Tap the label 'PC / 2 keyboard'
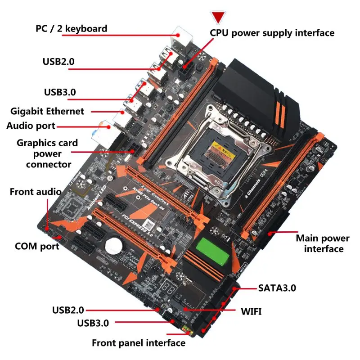(x=72, y=29)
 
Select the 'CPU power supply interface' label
(x=272, y=33)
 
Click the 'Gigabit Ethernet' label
(x=47, y=111)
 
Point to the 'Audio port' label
(x=31, y=126)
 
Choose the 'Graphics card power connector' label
(x=47, y=153)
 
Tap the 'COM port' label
(x=37, y=246)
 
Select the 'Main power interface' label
(x=322, y=243)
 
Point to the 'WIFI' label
(x=251, y=311)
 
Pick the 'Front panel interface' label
(x=139, y=343)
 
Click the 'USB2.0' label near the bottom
(x=68, y=310)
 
